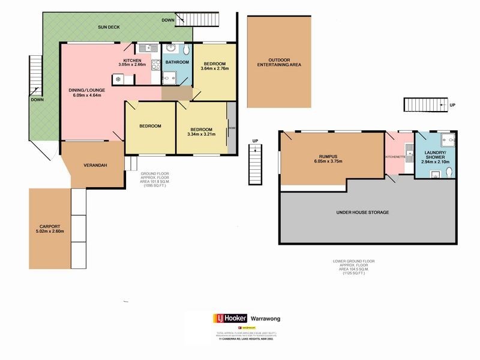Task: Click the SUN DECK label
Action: point(110,28)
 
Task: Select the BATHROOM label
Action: point(177,62)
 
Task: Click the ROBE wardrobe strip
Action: point(231,128)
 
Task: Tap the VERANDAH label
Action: point(95,165)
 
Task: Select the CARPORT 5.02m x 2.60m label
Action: point(47,228)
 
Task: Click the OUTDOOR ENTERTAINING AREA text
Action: point(278,62)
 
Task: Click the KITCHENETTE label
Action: point(395,158)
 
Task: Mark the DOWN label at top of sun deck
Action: point(169,20)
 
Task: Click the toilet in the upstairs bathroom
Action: point(186,49)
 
